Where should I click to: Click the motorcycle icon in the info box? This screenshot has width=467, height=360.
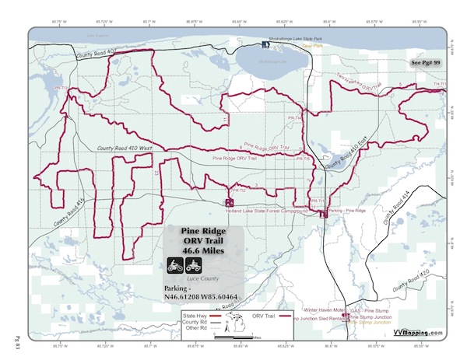(x=175, y=265)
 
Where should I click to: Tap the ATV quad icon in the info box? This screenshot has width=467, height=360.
(x=194, y=265)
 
